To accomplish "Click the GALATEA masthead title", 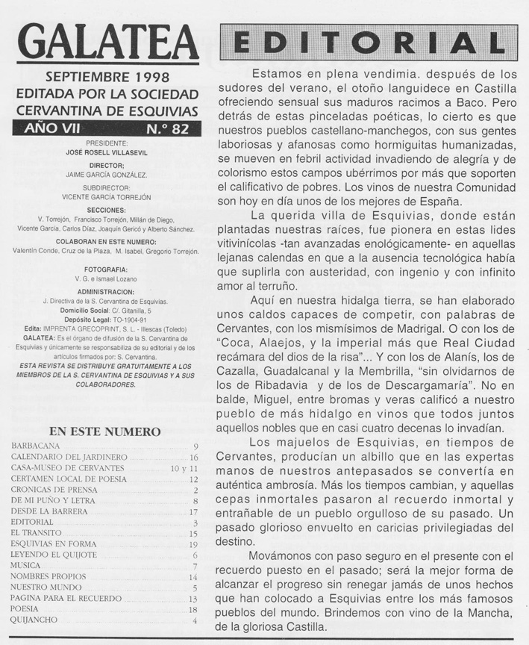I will [x=107, y=44].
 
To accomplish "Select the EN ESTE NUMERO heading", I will [x=104, y=431].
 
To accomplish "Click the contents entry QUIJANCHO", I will [x=39, y=620].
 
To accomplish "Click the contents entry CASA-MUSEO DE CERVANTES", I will [x=67, y=468].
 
